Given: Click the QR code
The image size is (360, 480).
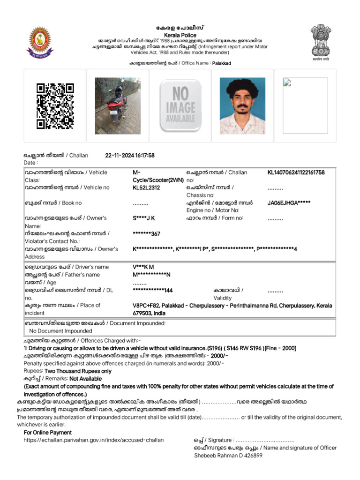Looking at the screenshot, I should [x=55, y=105].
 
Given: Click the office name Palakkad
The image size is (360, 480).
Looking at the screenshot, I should [x=221, y=63].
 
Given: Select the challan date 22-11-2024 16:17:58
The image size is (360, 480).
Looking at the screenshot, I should [x=130, y=156].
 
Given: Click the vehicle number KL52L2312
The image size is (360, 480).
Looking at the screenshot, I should [x=146, y=187].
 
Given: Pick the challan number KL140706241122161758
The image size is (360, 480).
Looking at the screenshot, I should [x=296, y=172].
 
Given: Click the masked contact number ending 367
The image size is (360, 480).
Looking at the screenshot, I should [x=146, y=233].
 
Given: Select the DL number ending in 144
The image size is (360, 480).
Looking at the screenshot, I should [x=153, y=291].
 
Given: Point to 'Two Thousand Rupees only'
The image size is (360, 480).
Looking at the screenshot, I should [x=84, y=371].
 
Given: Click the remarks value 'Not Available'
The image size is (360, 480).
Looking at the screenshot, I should [x=85, y=378].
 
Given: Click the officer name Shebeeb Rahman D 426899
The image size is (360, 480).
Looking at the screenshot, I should [x=228, y=455].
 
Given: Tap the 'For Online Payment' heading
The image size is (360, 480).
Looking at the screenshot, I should [x=48, y=432].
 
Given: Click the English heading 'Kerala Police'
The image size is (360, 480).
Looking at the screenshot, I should [x=180, y=35].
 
